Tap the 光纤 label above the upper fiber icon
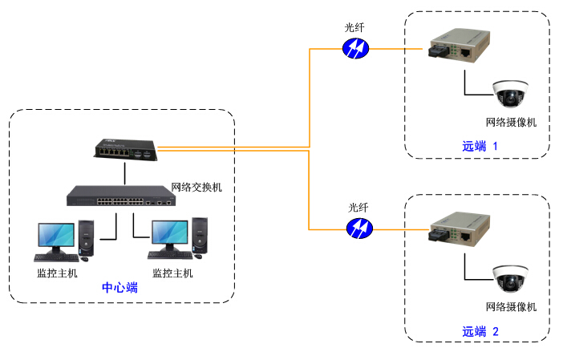point(354,27)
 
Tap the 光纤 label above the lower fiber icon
point(358,207)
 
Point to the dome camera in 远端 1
point(510,94)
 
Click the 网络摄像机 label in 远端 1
point(511,123)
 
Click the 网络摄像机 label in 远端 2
point(511,307)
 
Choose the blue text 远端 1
point(480,147)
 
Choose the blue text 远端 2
point(480,331)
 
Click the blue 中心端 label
point(119,287)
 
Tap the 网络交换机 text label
point(197,187)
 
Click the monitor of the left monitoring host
point(56,236)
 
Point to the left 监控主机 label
point(58,273)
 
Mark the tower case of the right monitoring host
point(199,238)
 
